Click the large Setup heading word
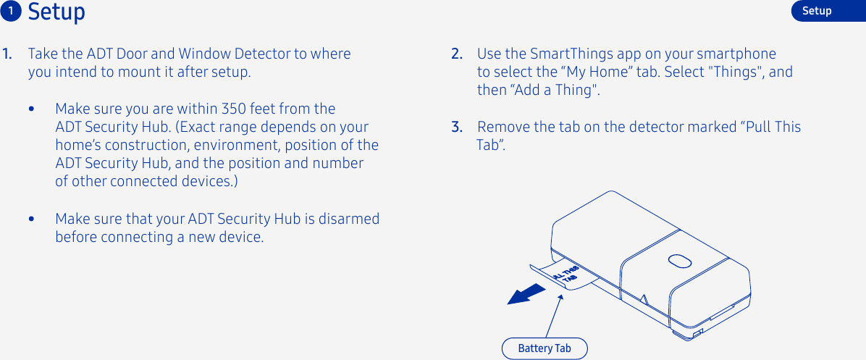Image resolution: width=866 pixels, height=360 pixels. pyautogui.click(x=56, y=12)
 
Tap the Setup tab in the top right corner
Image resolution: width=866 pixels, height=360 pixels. pyautogui.click(x=817, y=11)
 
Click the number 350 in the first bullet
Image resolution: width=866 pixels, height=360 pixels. pyautogui.click(x=235, y=109)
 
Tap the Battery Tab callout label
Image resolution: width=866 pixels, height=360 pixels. pyautogui.click(x=545, y=348)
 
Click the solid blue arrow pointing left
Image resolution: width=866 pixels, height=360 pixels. pyautogui.click(x=526, y=294)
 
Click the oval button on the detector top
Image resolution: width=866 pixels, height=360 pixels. pyautogui.click(x=678, y=260)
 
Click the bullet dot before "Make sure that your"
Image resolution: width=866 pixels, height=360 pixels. pyautogui.click(x=31, y=219)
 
